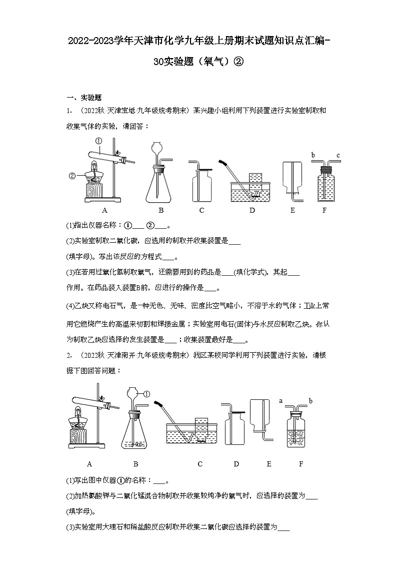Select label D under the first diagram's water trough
(252, 210)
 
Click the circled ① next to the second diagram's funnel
(147, 394)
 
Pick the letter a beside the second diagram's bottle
(281, 401)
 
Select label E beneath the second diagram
(269, 464)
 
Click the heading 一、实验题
(84, 98)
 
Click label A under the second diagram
(89, 464)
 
